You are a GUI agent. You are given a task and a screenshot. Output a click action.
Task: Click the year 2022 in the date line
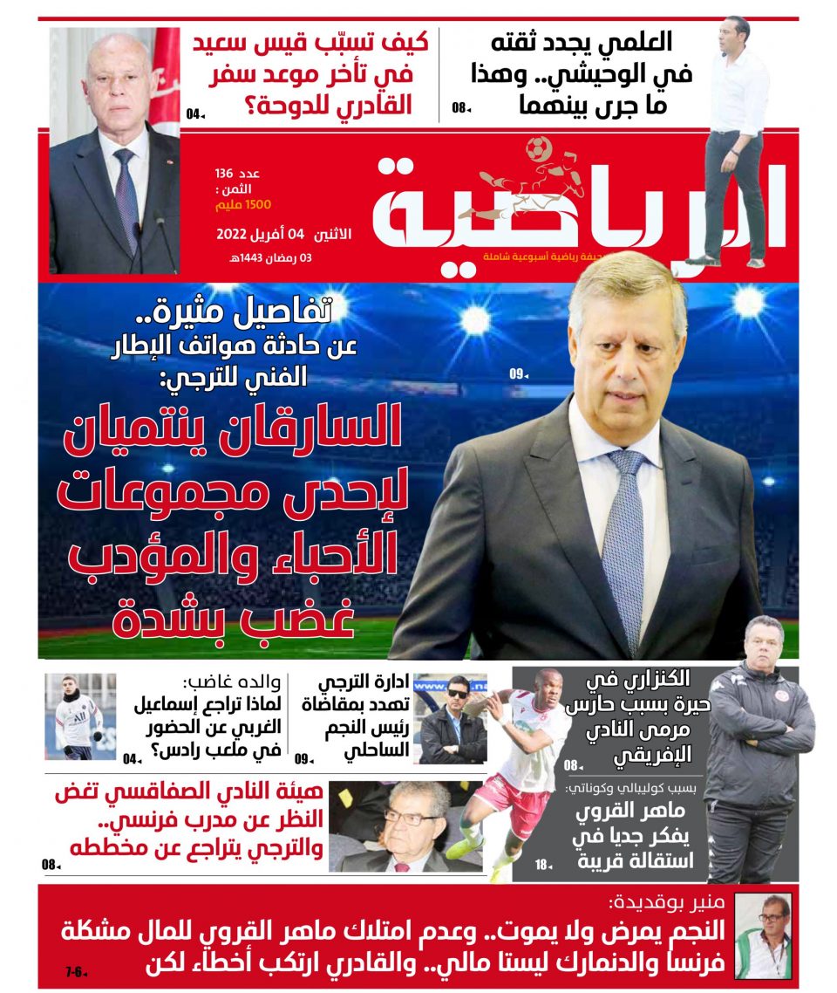[x=233, y=235]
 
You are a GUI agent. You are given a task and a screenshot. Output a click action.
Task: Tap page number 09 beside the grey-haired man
[x=518, y=375]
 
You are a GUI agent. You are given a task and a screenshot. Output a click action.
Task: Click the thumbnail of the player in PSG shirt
[x=80, y=716]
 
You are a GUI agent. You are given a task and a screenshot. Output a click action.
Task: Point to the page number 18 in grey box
[x=542, y=865]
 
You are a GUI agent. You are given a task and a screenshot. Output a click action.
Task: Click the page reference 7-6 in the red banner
[x=73, y=971]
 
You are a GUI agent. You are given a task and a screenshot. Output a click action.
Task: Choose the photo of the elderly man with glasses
[x=405, y=826]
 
